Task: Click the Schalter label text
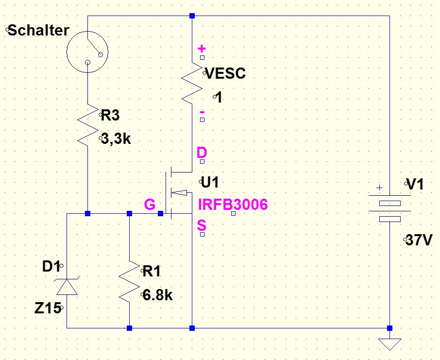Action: point(38,30)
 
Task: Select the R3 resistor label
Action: point(110,115)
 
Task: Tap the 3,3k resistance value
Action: point(116,139)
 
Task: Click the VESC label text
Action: point(226,73)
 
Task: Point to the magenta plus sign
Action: point(202,49)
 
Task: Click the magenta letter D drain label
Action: point(202,153)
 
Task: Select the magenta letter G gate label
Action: point(150,205)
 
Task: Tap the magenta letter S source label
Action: point(202,225)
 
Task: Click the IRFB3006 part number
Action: point(233,205)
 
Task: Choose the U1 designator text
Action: point(210,183)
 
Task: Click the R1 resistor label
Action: point(152,271)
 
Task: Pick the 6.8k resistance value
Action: point(157,295)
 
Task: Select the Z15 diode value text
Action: point(48,308)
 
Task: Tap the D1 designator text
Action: point(51,266)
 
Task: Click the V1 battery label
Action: point(415,185)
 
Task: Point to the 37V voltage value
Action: point(419,240)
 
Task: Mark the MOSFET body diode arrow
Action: point(179,193)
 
